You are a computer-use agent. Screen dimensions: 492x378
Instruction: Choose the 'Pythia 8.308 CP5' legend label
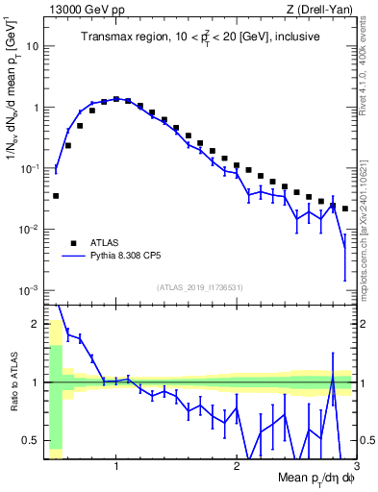click(x=135, y=258)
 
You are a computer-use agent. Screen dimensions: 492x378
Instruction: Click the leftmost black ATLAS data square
click(x=56, y=196)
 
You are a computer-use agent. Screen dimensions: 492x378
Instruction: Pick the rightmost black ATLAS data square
click(x=345, y=209)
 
